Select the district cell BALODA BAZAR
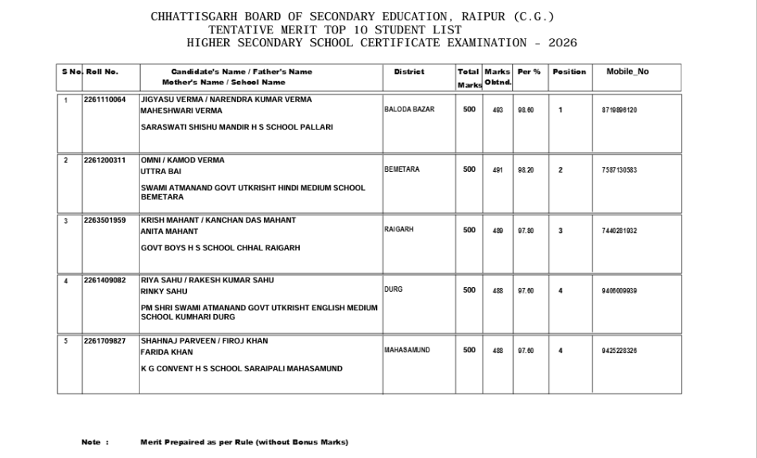point(410,110)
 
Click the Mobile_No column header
point(627,72)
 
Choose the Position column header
point(569,72)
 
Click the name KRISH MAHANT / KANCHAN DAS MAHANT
point(218,220)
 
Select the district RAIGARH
point(399,230)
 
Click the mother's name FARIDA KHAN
point(166,352)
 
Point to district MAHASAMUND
point(407,351)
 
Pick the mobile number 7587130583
point(619,170)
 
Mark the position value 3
point(560,231)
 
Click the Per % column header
point(529,72)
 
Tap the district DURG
point(393,290)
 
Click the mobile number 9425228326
point(619,351)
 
